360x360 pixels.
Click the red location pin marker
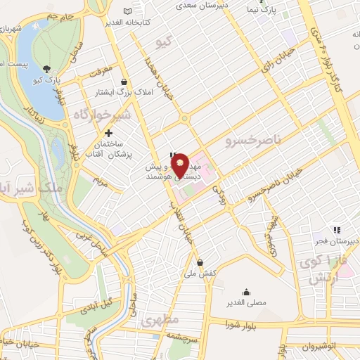pyautogui.click(x=181, y=165)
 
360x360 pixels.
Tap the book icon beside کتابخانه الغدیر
pyautogui.click(x=127, y=11)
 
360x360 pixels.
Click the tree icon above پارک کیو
pyautogui.click(x=46, y=69)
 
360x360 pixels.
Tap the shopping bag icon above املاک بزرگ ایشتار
pyautogui.click(x=124, y=81)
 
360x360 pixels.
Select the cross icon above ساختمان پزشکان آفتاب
pyautogui.click(x=108, y=133)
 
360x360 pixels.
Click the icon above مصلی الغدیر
pyautogui.click(x=246, y=292)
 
